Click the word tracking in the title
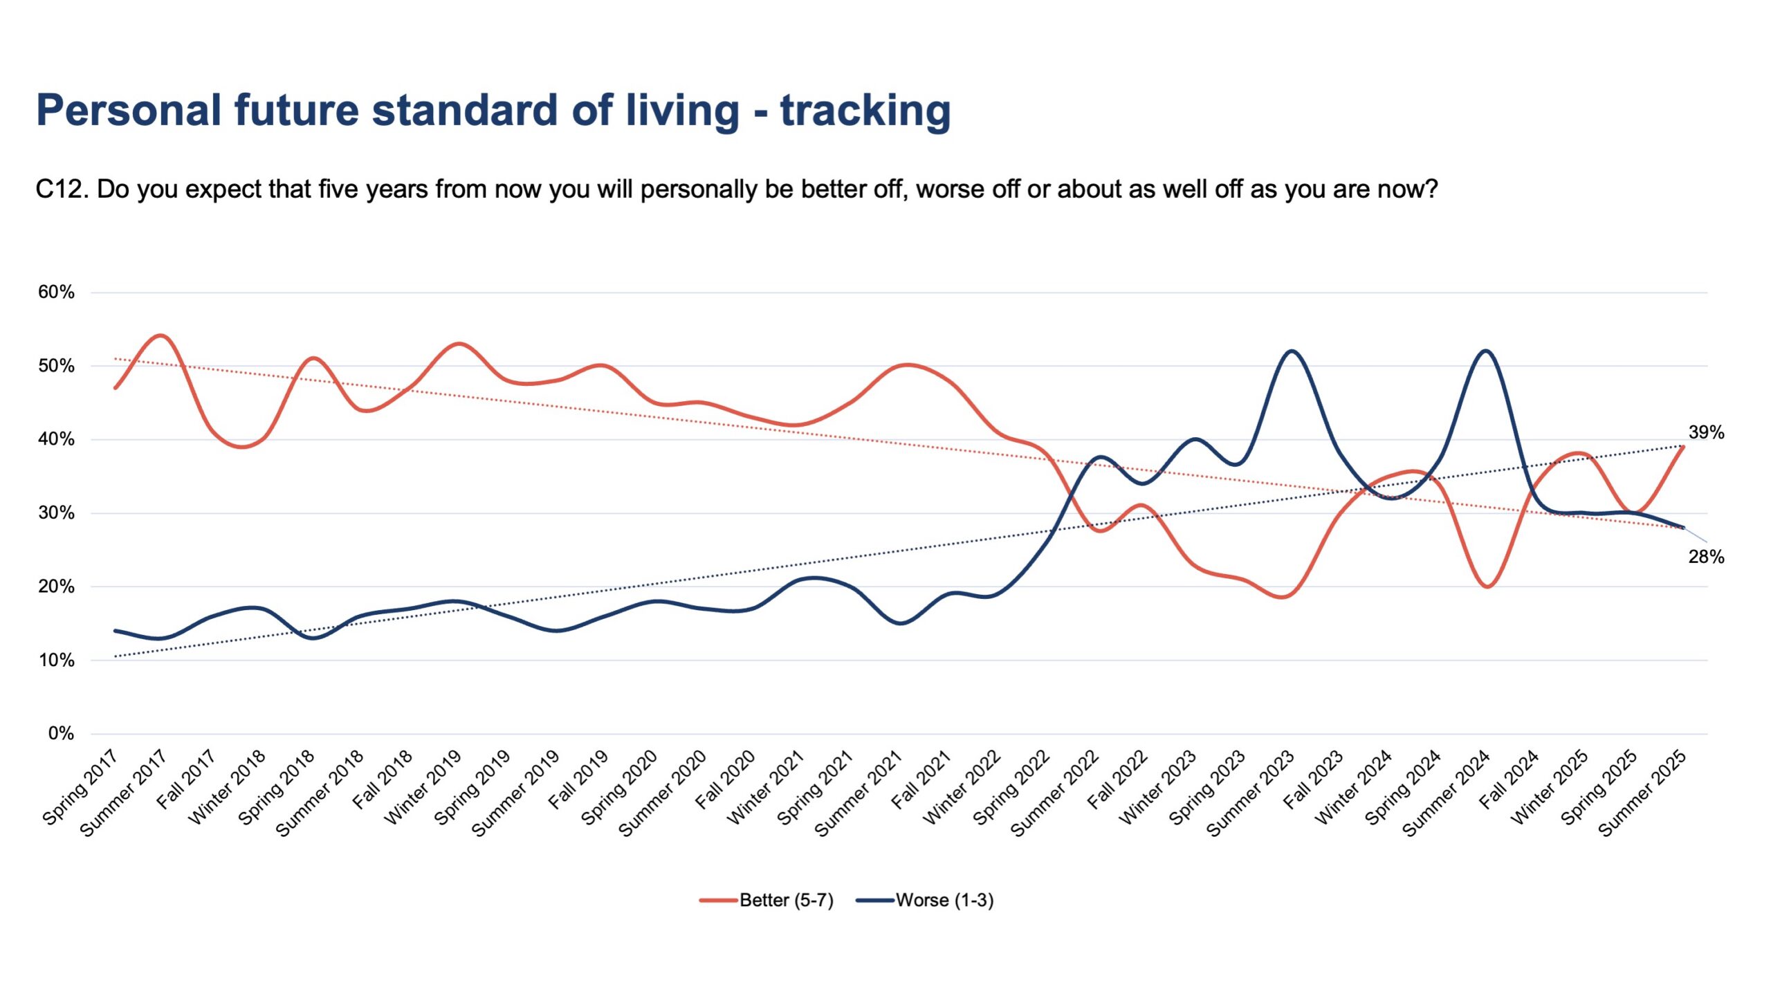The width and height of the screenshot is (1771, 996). [x=865, y=111]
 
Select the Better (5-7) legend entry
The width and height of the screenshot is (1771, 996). [x=767, y=900]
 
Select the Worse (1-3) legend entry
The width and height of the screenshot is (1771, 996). [x=925, y=900]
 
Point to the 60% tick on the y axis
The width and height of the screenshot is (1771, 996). [x=56, y=292]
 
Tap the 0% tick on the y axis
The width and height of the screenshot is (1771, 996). [x=61, y=733]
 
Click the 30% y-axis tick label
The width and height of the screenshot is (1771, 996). [x=56, y=513]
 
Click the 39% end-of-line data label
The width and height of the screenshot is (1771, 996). [x=1706, y=432]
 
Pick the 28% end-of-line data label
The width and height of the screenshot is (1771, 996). [x=1706, y=557]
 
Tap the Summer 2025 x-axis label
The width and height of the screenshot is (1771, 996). [x=1642, y=793]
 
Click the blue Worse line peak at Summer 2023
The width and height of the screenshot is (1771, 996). [x=1291, y=351]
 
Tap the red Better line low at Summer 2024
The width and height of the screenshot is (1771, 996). [x=1487, y=587]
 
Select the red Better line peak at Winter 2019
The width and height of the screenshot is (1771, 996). [x=459, y=344]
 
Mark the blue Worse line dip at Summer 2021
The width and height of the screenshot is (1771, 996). [x=901, y=623]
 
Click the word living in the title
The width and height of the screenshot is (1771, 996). [x=683, y=111]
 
